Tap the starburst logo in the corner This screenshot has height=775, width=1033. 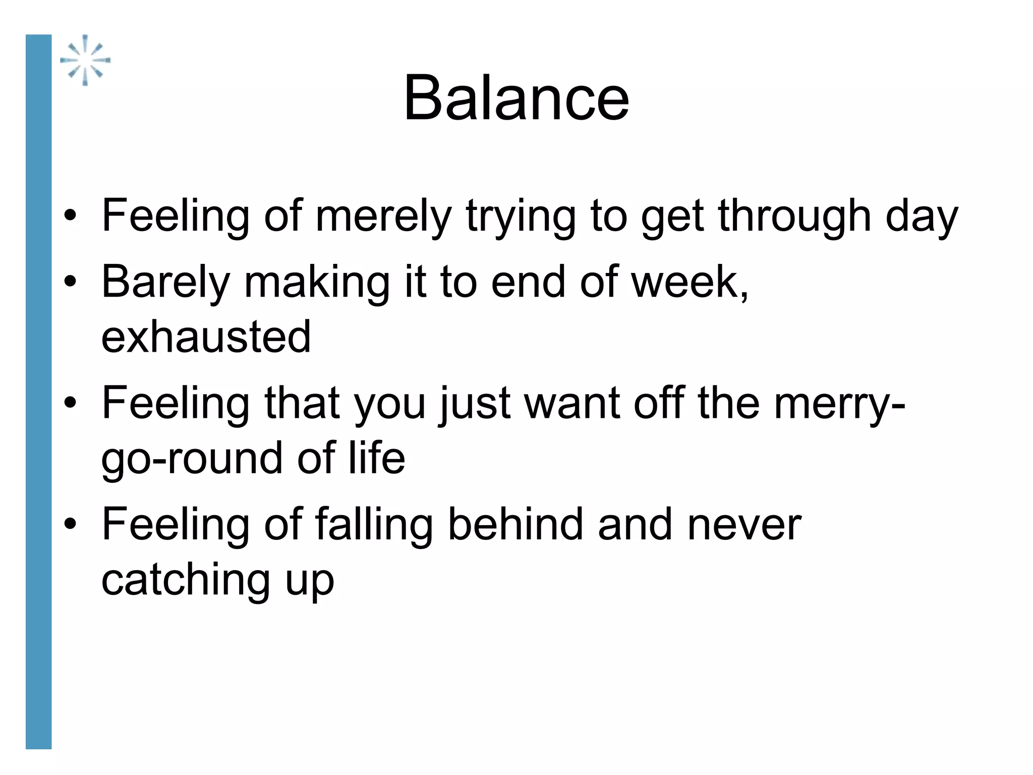point(85,60)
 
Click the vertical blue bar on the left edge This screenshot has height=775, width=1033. point(38,392)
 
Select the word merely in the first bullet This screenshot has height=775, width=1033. point(383,216)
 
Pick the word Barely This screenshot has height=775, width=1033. point(165,282)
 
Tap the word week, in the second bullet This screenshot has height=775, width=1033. point(690,282)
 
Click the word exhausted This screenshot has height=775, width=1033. point(206,337)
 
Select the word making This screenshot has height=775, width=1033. point(317,282)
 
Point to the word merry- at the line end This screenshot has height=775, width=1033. point(839,403)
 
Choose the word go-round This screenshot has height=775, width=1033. point(191,458)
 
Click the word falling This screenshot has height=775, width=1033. point(374,525)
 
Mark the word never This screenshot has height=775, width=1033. point(744,525)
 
